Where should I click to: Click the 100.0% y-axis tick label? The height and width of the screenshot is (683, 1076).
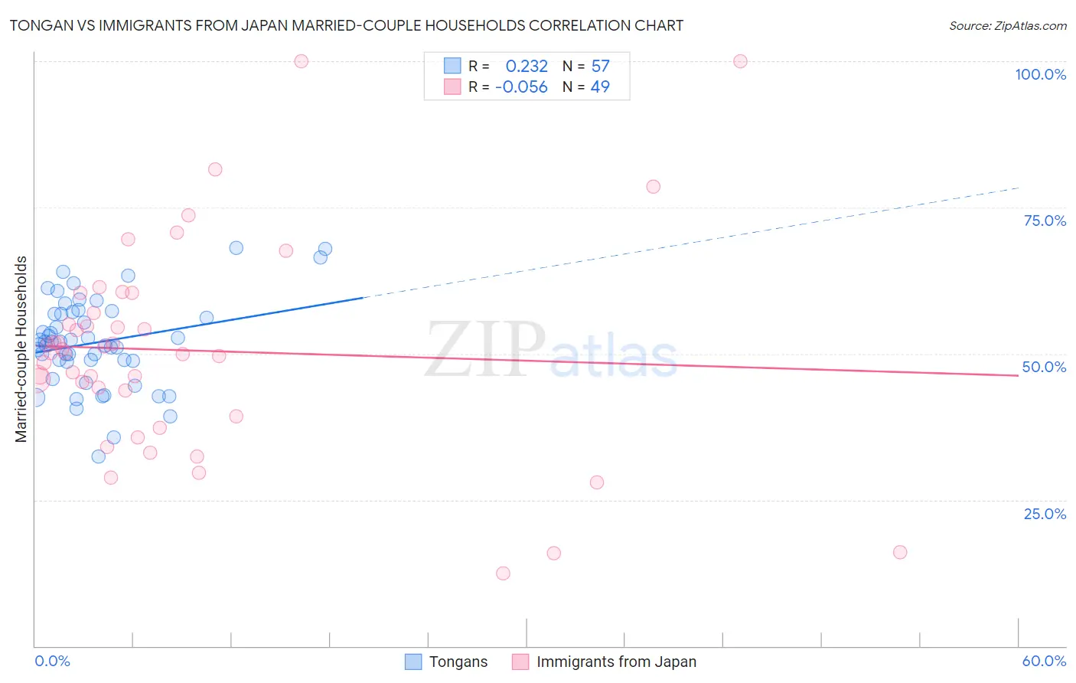(x=1040, y=74)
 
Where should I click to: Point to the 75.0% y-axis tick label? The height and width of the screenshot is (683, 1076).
(x=1045, y=221)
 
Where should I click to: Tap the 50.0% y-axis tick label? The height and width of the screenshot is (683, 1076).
(x=1044, y=367)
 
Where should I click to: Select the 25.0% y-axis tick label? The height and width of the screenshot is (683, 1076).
(x=1045, y=513)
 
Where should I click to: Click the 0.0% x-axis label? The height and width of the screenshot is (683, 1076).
(x=52, y=661)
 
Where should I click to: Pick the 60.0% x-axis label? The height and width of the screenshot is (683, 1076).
(x=1044, y=661)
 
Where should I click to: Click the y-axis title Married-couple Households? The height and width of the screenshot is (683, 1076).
(x=21, y=349)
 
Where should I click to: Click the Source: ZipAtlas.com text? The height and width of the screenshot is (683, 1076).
(x=1007, y=25)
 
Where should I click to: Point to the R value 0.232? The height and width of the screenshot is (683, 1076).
(x=527, y=67)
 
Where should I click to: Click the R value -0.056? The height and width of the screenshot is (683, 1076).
(x=521, y=87)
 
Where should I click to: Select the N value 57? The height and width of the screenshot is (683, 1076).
(x=600, y=67)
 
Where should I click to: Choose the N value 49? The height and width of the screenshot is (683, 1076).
(x=600, y=87)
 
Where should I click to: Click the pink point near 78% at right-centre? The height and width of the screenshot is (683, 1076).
(x=653, y=187)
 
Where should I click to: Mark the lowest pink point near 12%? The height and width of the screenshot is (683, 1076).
(x=503, y=574)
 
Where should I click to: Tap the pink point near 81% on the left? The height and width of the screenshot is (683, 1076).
(x=215, y=170)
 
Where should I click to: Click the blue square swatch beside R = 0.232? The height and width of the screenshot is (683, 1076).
(x=452, y=66)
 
